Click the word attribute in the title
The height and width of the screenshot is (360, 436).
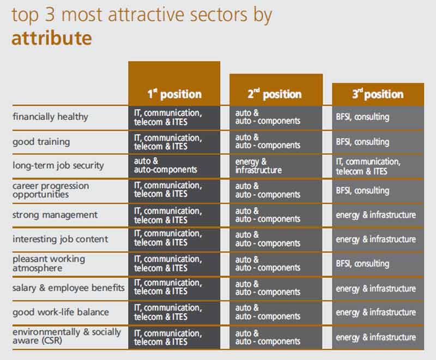(x=51, y=39)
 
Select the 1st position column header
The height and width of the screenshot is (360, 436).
(x=174, y=94)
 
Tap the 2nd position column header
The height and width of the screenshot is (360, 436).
(x=275, y=94)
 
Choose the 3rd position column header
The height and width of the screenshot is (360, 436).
(x=378, y=94)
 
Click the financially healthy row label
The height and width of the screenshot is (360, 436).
(x=50, y=117)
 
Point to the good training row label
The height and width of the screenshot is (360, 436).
(x=41, y=142)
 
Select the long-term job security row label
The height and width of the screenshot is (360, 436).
(x=58, y=165)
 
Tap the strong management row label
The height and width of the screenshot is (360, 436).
(x=55, y=214)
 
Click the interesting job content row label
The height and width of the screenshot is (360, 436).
(x=60, y=239)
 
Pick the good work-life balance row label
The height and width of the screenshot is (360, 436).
(x=60, y=313)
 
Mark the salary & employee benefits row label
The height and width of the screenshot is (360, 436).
(x=69, y=288)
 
